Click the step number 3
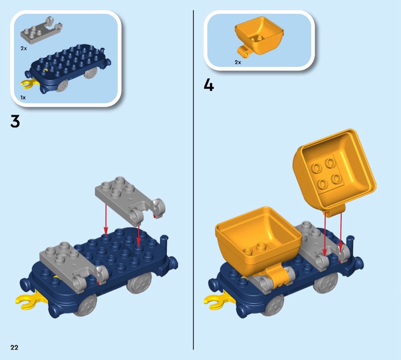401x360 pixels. click(x=15, y=121)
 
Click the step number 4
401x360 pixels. click(x=209, y=85)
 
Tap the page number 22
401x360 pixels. click(x=15, y=347)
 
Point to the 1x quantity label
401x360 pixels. click(x=23, y=97)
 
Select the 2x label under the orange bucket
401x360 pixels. click(x=238, y=62)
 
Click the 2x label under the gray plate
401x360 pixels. click(x=24, y=48)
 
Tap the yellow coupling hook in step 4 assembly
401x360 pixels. click(x=214, y=300)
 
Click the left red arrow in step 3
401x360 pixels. click(x=106, y=219)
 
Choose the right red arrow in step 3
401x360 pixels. click(x=138, y=237)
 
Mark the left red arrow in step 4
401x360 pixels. click(x=325, y=234)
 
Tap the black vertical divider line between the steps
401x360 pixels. click(x=193, y=180)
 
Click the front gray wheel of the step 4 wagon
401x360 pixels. click(x=274, y=305)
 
